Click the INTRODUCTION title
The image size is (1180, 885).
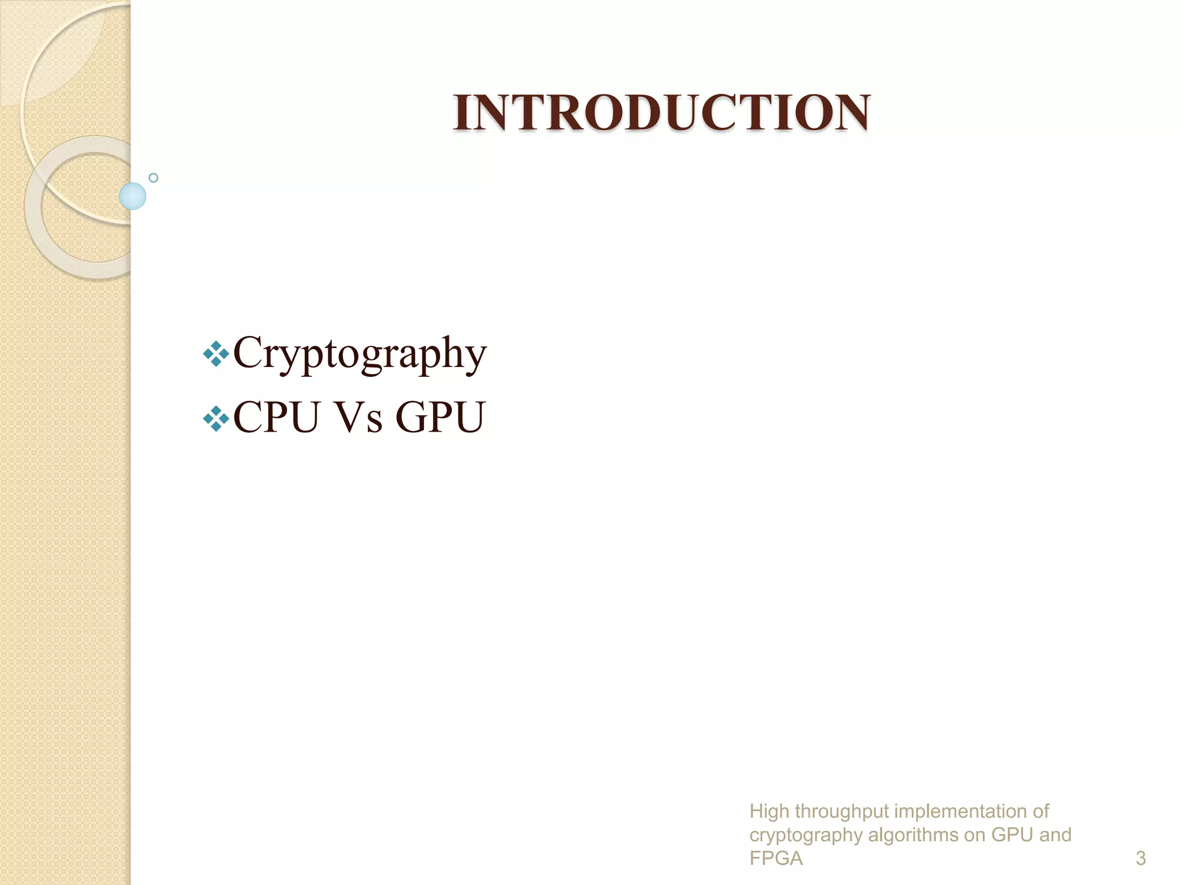661,112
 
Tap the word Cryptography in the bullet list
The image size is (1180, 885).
360,353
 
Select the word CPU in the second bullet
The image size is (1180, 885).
276,417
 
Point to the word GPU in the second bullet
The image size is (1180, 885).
441,417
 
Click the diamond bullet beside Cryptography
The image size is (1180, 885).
216,354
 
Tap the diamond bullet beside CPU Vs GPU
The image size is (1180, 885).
216,419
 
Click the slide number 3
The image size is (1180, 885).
1140,858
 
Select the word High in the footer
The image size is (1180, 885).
769,811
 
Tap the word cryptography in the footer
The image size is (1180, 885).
805,835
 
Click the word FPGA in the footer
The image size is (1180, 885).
776,858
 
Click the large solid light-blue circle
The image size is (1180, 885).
133,196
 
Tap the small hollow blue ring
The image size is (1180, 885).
153,177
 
